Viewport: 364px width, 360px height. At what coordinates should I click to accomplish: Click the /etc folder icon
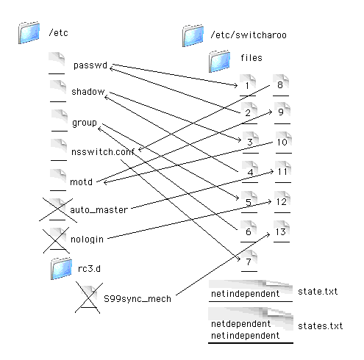(29, 32)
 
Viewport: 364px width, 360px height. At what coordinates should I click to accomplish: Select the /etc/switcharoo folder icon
(193, 35)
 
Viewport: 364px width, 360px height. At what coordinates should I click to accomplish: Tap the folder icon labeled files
(219, 61)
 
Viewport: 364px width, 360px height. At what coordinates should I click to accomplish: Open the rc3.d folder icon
(61, 269)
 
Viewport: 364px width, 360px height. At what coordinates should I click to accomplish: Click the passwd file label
(90, 65)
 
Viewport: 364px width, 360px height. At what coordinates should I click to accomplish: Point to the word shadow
(88, 92)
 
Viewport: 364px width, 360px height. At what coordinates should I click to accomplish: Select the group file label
(85, 123)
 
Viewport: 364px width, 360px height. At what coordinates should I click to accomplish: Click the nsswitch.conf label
(103, 152)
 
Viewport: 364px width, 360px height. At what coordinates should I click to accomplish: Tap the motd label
(82, 182)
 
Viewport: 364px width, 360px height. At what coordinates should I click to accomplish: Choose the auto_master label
(99, 210)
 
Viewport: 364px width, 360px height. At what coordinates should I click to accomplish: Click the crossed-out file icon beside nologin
(57, 240)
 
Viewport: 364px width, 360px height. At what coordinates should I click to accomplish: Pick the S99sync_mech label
(138, 299)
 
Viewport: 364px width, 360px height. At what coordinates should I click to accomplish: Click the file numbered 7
(249, 261)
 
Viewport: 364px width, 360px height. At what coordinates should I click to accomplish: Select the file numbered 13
(282, 231)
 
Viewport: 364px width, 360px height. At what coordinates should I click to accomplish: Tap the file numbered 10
(284, 143)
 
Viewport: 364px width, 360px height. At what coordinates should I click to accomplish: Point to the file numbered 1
(248, 85)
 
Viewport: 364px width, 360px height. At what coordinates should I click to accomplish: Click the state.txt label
(318, 292)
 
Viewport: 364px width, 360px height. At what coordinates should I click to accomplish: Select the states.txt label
(321, 326)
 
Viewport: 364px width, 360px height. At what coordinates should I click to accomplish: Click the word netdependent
(240, 324)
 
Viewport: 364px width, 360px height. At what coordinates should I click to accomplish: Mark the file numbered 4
(250, 172)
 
